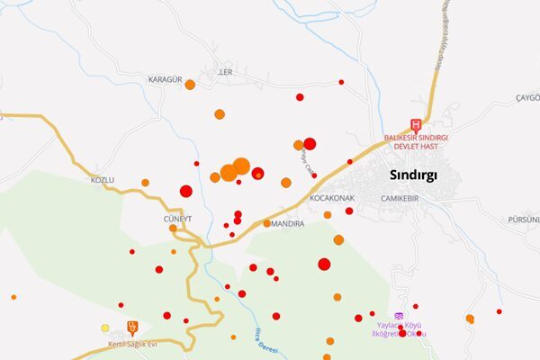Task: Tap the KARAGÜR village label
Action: point(166,78)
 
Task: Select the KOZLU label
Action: point(103,180)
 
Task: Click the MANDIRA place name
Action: point(288,223)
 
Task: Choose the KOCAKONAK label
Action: point(331,198)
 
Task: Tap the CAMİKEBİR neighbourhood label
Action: point(400,198)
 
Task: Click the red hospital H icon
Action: point(416,125)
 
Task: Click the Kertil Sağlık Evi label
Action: point(132,345)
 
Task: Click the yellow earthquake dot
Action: point(105,328)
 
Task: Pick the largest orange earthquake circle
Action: point(241,166)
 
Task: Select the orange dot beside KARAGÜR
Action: point(190,85)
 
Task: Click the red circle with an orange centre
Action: point(258,174)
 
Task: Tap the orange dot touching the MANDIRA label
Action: point(267,223)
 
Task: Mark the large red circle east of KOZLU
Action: point(186,191)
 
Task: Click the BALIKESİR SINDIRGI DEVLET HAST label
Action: point(416,141)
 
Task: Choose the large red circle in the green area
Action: point(324,264)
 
